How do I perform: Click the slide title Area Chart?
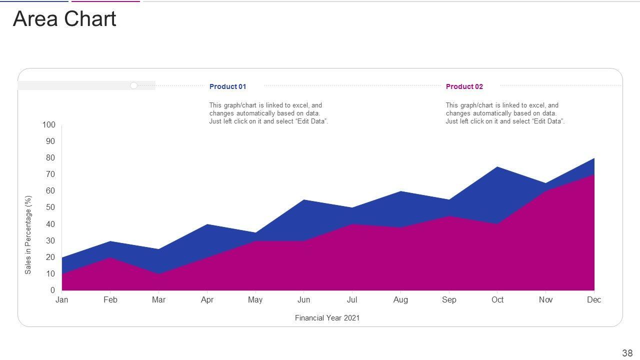tap(64, 19)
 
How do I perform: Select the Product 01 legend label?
tap(227, 86)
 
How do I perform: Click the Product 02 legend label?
tap(464, 86)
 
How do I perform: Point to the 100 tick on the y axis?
tap(48, 124)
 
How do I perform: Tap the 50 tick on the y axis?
tap(50, 207)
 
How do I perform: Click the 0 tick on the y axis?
tap(52, 290)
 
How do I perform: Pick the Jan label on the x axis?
tap(62, 300)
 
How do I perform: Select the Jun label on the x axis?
tap(303, 300)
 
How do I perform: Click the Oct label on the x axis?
tap(497, 300)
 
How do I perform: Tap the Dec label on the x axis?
tap(594, 300)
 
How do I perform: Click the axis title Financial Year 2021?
tap(327, 318)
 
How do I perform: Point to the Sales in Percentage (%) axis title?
tap(28, 234)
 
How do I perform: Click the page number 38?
tap(627, 353)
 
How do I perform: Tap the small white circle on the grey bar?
tap(133, 85)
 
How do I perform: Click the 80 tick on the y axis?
tap(50, 158)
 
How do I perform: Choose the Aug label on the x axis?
tap(400, 300)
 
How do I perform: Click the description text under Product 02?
tap(505, 113)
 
